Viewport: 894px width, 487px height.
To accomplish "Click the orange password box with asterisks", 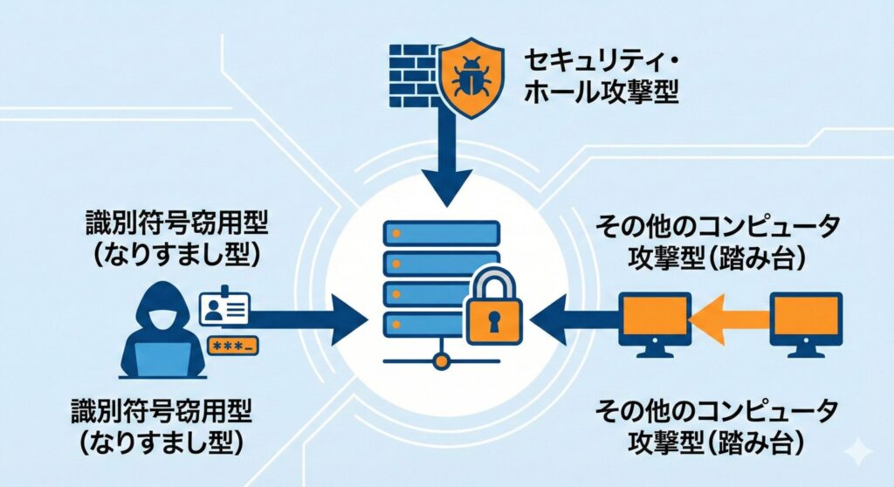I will point(231,347).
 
